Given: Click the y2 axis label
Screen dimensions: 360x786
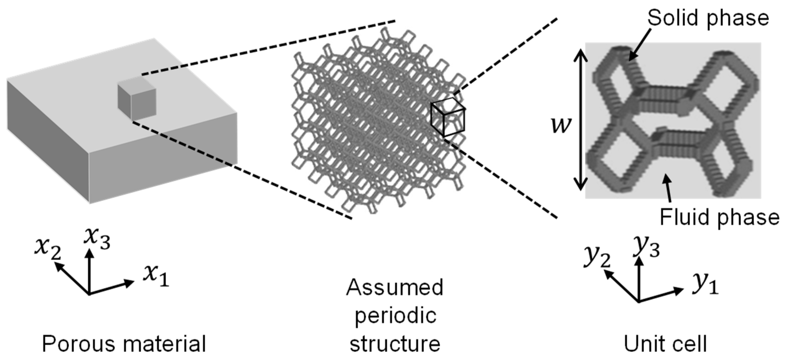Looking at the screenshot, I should (597, 256).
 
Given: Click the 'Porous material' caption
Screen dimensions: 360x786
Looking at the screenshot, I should (124, 344).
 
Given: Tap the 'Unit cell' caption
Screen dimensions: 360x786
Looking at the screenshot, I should (665, 344).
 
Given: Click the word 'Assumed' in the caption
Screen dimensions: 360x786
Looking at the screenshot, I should (395, 287).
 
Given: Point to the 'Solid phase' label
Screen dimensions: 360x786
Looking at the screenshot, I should (708, 18).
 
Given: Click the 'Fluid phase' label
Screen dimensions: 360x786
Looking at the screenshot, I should (719, 216).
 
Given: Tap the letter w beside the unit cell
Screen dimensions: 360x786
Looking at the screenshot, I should (561, 125).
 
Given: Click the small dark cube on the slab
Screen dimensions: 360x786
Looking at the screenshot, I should (137, 100).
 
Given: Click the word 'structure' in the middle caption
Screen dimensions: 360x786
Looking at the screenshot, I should (395, 344).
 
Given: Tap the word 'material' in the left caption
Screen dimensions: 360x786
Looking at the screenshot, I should (164, 344).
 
